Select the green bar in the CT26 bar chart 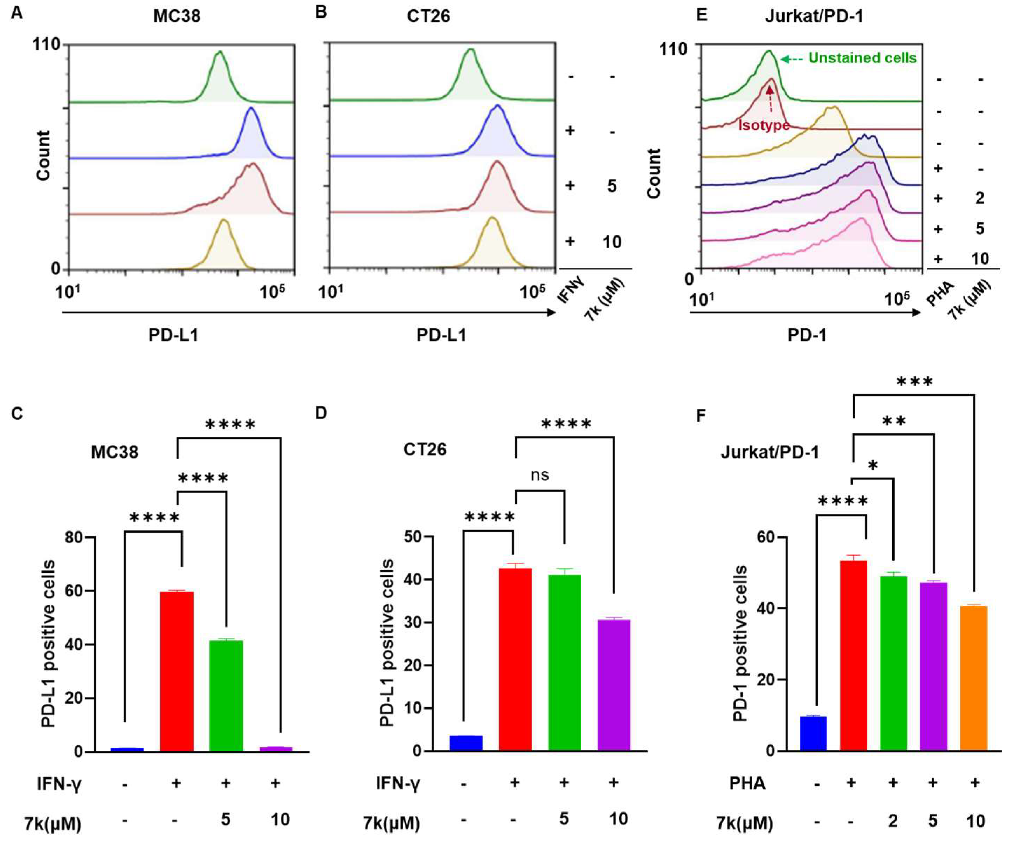coord(565,662)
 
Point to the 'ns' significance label coord(540,475)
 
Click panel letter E coord(702,14)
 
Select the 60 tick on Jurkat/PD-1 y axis coord(763,537)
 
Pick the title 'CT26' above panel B coord(428,16)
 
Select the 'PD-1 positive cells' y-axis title coord(740,651)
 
